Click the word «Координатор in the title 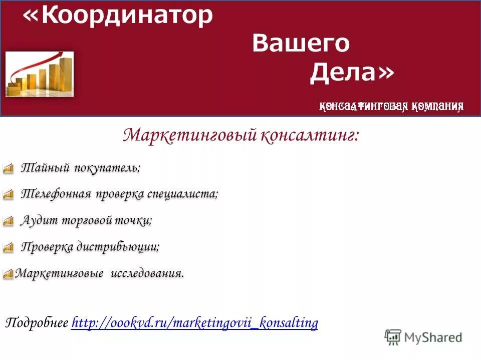[x=118, y=16]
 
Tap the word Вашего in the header [x=301, y=43]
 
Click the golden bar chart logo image [x=40, y=74]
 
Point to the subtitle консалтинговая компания [x=391, y=106]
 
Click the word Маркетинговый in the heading [x=190, y=135]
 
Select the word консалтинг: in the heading [x=310, y=135]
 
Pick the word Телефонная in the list [x=56, y=194]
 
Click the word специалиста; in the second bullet [x=182, y=194]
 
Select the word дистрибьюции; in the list [x=118, y=246]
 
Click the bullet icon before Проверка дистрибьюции [x=8, y=247]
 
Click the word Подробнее [x=37, y=323]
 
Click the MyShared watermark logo [x=423, y=337]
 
